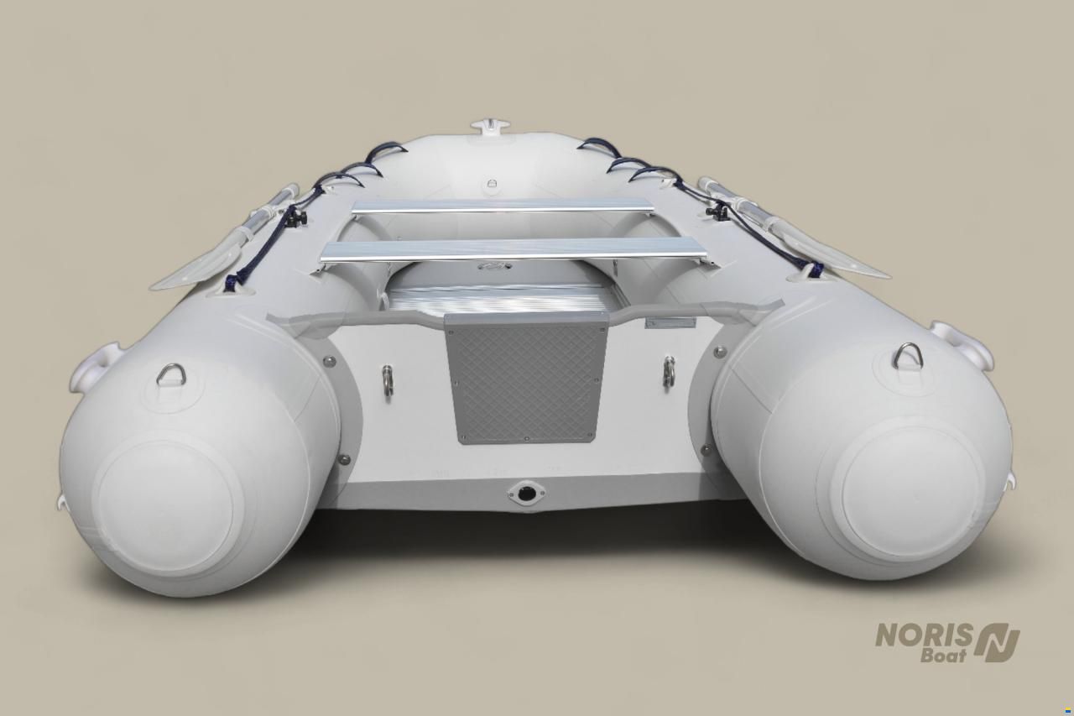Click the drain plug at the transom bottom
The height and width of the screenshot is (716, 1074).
pos(526,492)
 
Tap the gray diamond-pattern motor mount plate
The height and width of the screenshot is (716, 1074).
pos(526,378)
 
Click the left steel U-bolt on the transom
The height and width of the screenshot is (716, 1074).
pos(388,380)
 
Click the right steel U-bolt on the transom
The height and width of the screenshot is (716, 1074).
pos(669,371)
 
